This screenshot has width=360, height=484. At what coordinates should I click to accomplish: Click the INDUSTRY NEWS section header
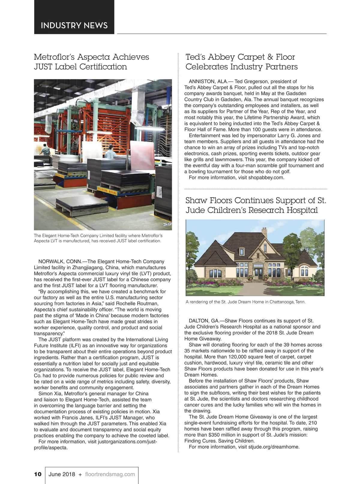pos(74,25)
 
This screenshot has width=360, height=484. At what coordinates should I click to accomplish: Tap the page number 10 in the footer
pos(38,474)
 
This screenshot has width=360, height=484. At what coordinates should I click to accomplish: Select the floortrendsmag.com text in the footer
pos(110,474)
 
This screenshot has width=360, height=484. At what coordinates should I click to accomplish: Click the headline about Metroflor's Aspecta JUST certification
pos(91,62)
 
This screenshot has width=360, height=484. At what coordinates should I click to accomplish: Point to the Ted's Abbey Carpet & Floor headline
pos(241,62)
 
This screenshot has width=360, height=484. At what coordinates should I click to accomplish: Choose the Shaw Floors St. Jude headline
pos(256,205)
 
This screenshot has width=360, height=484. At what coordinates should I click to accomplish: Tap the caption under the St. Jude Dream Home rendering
pos(245,302)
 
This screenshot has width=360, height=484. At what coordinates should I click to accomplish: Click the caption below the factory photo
pos(98,238)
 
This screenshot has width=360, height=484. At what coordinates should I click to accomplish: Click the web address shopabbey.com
pos(266,178)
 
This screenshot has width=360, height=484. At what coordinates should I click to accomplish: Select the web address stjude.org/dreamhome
pos(274,447)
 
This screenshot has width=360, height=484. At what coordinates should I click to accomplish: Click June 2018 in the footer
pos(62,474)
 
